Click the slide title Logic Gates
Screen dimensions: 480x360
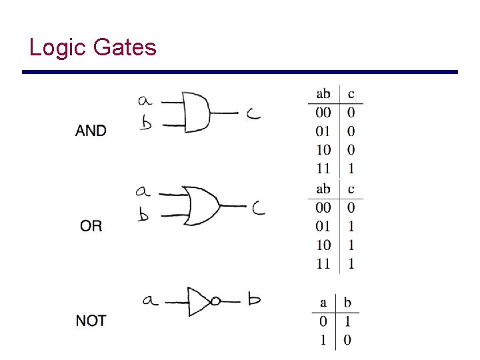[x=93, y=47]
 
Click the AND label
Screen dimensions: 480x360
[x=91, y=131]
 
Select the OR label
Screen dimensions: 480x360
[x=91, y=226]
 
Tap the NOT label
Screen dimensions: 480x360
[x=91, y=321]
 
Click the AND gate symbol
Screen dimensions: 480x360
[x=197, y=112]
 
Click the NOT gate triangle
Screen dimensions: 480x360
[x=199, y=301]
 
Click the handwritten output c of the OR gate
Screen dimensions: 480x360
[x=258, y=209]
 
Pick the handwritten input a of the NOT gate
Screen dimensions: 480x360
[x=150, y=300]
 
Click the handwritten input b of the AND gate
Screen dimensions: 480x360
[x=146, y=123]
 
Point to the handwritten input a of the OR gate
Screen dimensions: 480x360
[x=143, y=191]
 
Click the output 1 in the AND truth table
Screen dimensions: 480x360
[x=351, y=168]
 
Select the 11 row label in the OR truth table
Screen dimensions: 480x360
[x=323, y=264]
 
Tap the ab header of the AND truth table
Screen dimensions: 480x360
[x=323, y=93]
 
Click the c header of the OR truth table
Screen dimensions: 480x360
[x=351, y=189]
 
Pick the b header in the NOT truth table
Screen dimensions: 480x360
[x=347, y=303]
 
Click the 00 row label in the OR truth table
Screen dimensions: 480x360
[x=323, y=208]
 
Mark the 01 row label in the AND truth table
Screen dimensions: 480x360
[x=323, y=131]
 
